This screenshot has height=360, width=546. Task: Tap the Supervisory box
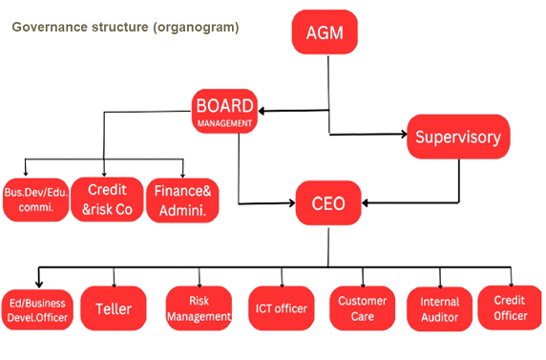pyautogui.click(x=458, y=137)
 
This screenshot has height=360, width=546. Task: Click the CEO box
pyautogui.click(x=329, y=203)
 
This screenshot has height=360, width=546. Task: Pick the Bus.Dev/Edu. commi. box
pyautogui.click(x=35, y=200)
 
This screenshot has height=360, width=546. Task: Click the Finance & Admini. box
pyautogui.click(x=182, y=199)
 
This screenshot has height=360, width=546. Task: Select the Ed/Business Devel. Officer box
pyautogui.click(x=38, y=307)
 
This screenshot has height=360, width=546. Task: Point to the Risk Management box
pyautogui.click(x=199, y=307)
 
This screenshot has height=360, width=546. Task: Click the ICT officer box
pyautogui.click(x=280, y=307)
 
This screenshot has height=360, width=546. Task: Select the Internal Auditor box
pyautogui.click(x=439, y=307)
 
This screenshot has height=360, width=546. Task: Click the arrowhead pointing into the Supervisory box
pyautogui.click(x=402, y=137)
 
